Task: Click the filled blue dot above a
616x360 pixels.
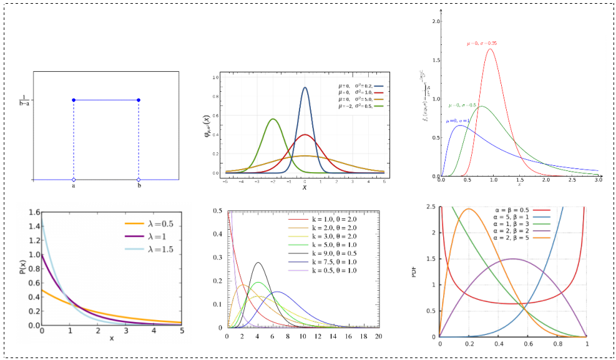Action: click(x=74, y=100)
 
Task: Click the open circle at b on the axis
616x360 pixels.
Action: click(x=139, y=180)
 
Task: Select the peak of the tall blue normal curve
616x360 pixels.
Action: click(x=305, y=87)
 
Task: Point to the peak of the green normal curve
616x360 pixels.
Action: click(x=273, y=119)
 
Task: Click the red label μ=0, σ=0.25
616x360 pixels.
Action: click(x=482, y=43)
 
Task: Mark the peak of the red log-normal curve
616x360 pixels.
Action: click(x=490, y=49)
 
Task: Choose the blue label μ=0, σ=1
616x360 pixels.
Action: click(x=462, y=120)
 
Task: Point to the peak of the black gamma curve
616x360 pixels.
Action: click(x=258, y=263)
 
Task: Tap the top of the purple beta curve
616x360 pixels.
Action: click(x=512, y=258)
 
